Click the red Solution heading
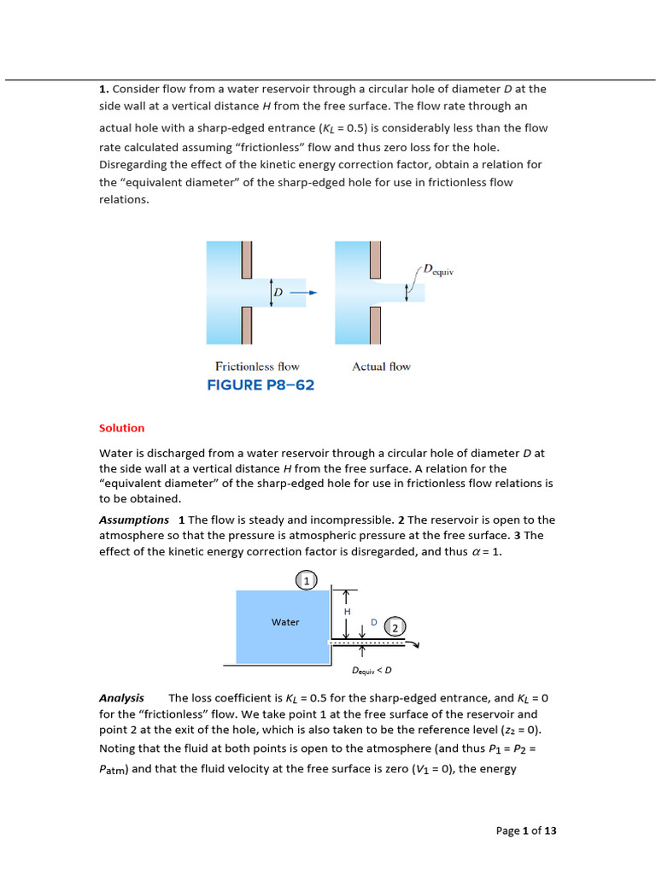(x=122, y=428)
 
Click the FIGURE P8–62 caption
(x=261, y=385)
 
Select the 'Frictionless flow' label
(x=257, y=367)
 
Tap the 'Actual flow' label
(x=381, y=367)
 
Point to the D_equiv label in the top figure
(x=437, y=270)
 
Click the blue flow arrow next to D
(x=303, y=292)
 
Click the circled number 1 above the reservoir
(x=305, y=581)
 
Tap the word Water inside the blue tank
(x=285, y=622)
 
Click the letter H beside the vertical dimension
(x=347, y=612)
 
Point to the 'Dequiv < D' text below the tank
(x=372, y=671)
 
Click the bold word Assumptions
(x=134, y=520)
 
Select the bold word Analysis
(x=121, y=698)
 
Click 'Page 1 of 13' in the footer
(x=526, y=831)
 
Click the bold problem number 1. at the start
(x=103, y=88)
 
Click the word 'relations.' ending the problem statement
(x=124, y=200)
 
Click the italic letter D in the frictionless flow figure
(x=278, y=293)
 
